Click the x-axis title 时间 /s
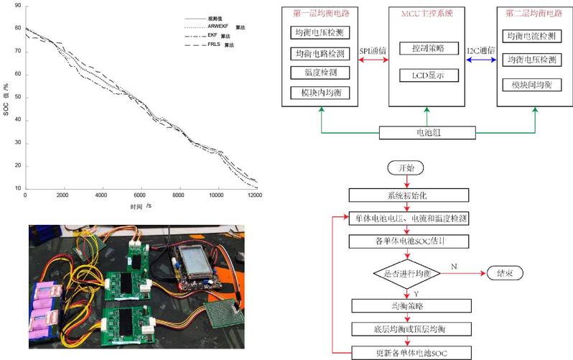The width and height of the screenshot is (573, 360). [x=141, y=206]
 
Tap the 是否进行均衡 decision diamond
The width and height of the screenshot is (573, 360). [x=406, y=273]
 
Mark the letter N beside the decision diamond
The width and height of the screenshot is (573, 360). [x=453, y=266]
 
